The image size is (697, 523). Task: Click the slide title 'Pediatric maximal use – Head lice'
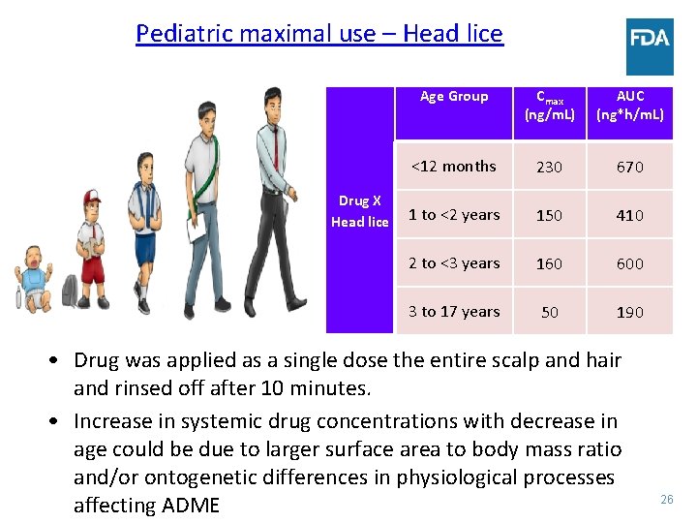319,34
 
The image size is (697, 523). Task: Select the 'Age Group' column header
454,97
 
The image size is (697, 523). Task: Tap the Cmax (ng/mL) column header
549,106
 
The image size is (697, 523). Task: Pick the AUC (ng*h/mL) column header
630,106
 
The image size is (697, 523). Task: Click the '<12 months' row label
454,167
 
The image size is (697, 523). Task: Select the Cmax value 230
549,167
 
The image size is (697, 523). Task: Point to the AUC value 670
630,167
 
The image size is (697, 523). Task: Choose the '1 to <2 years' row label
454,215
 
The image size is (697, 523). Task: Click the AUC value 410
630,215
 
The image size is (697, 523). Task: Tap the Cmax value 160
549,263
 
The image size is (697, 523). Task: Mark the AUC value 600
630,263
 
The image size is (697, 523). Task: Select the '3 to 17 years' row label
454,312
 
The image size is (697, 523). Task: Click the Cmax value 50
549,312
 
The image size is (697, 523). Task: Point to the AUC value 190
630,312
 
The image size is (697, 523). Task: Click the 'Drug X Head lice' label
359,211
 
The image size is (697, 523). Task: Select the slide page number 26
666,499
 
